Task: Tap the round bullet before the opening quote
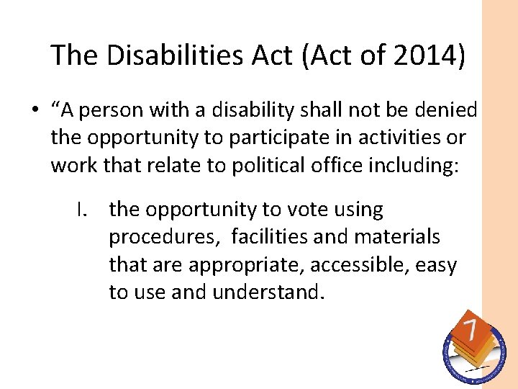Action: [34, 111]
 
